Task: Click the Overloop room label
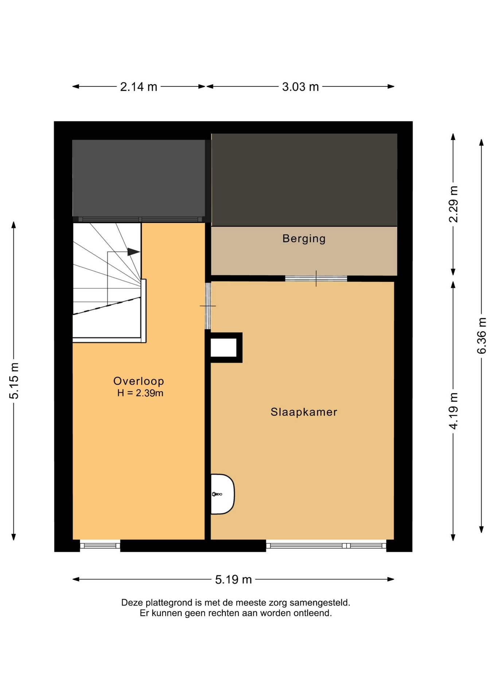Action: tap(139, 381)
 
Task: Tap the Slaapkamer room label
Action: tap(304, 412)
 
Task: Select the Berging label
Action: tap(304, 239)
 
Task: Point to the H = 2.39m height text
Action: tap(140, 393)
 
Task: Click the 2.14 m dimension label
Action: tap(139, 87)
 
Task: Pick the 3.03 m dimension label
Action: tap(300, 87)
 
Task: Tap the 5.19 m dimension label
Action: tap(233, 579)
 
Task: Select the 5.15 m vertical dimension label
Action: tap(14, 381)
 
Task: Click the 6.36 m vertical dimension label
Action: tap(482, 336)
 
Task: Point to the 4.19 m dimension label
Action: tap(453, 411)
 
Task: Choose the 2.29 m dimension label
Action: tap(453, 204)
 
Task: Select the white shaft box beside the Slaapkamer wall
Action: tap(223, 347)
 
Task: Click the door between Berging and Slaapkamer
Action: tap(316, 279)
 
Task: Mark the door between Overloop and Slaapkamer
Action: tap(208, 306)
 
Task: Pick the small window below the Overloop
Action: tap(100, 546)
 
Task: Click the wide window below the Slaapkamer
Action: tap(326, 546)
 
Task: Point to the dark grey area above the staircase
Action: tap(139, 178)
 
